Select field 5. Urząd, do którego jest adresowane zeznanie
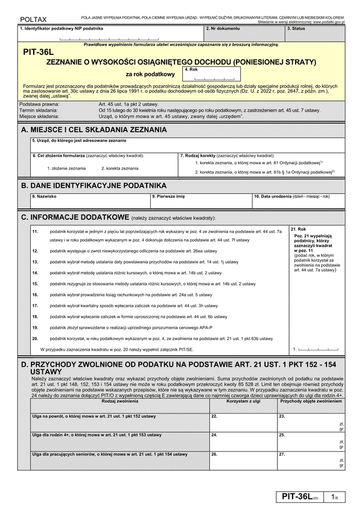187,145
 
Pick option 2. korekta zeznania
119,168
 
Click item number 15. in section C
35,284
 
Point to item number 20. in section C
35,339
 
